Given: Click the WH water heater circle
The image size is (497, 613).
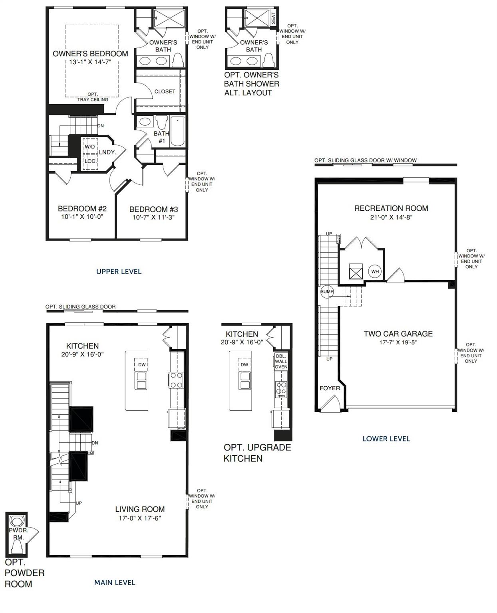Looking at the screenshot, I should point(375,272).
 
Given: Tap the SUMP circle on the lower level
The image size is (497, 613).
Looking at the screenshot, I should point(326,292).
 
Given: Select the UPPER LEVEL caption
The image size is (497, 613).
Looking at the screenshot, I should point(119,272).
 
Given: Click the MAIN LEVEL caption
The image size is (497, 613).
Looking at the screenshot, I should point(115,583).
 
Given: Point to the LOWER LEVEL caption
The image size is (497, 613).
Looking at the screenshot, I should point(386,439).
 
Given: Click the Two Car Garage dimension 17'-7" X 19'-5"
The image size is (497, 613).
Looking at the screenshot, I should point(398,342).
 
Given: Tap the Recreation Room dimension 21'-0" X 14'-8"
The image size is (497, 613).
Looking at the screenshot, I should point(391,218).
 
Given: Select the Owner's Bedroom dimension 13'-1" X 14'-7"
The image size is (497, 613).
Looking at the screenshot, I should point(90,62).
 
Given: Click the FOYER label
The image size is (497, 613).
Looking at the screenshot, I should point(330,388).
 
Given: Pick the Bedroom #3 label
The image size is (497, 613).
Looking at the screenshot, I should point(153,209).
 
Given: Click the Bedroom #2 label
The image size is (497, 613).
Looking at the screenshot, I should point(82,208).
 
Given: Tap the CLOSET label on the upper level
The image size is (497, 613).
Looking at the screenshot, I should point(165,91).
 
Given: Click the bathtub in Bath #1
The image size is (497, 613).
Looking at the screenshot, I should point(177,131).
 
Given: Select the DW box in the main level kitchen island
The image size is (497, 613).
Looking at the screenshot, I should point(142,364).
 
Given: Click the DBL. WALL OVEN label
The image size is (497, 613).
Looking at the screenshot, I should point(281,361).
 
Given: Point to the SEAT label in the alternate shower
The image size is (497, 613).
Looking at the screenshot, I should point(273,18).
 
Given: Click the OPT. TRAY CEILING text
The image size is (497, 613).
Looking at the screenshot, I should point(93,97).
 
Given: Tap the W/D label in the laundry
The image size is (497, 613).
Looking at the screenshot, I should point(90,147).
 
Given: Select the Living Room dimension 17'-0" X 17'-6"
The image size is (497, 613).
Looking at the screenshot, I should point(140,518).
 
